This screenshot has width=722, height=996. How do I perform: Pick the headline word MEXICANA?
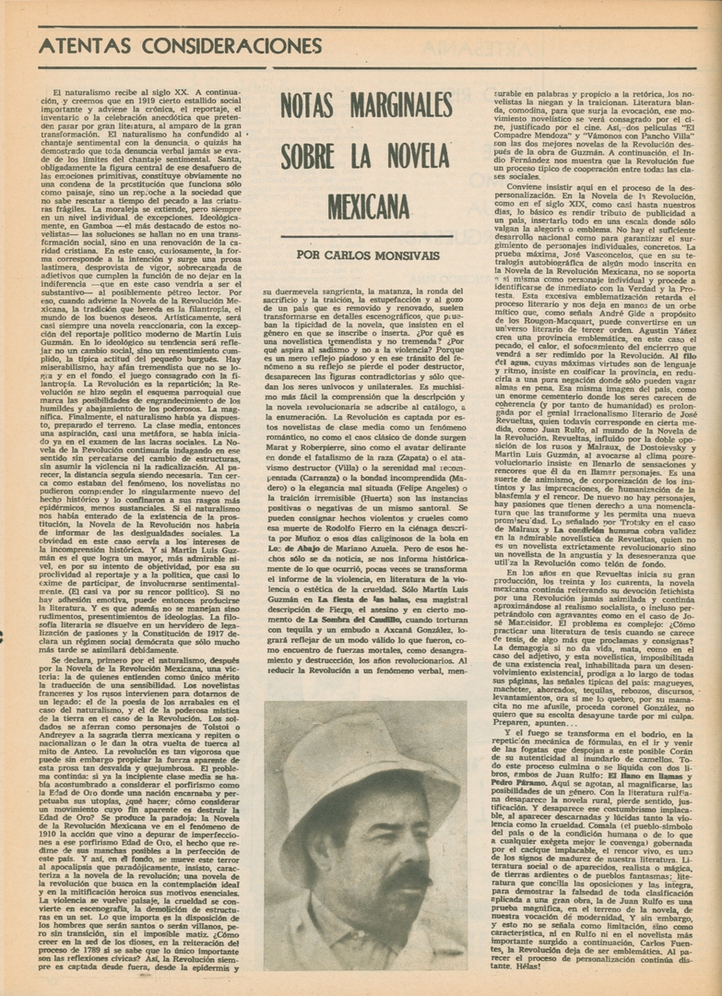coord(367,206)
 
